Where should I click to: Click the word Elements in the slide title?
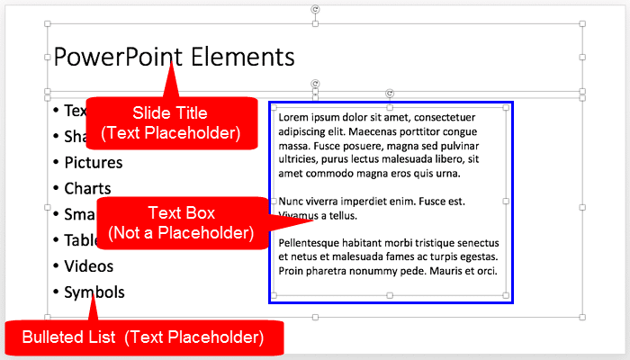pyautogui.click(x=243, y=58)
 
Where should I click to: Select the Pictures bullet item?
pyautogui.click(x=94, y=163)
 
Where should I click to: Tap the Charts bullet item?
pyautogui.click(x=87, y=189)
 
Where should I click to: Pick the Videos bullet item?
pyautogui.click(x=89, y=266)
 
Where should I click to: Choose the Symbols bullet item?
pyautogui.click(x=94, y=292)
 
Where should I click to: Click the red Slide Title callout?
pyautogui.click(x=170, y=122)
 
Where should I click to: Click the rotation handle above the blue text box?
pyautogui.click(x=389, y=93)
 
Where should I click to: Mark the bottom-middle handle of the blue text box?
pyautogui.click(x=389, y=295)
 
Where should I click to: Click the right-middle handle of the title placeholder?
pyautogui.click(x=582, y=58)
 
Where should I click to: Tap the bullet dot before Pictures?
pyautogui.click(x=56, y=163)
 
